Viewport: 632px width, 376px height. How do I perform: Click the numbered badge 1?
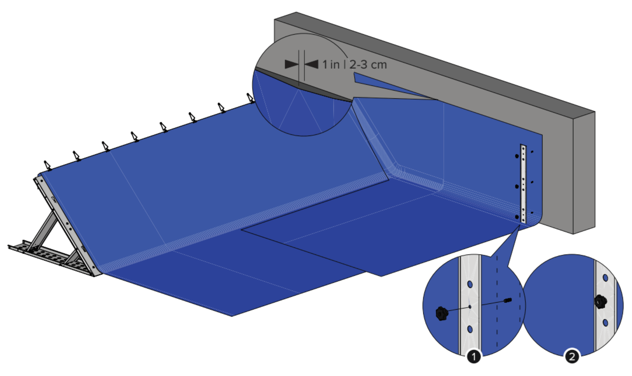pos(473,357)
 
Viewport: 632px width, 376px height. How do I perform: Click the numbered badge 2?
pos(572,357)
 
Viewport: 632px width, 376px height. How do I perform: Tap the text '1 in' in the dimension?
pos(331,64)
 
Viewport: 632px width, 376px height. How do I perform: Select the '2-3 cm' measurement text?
pos(368,65)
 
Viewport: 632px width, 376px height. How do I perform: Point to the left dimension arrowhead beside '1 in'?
pos(292,64)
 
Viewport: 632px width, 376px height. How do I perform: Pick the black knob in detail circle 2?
pos(601,302)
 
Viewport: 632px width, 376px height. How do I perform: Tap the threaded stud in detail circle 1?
pos(507,301)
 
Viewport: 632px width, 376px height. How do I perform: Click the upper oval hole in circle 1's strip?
pos(470,284)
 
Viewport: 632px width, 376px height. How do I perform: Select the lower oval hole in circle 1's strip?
pos(470,329)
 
